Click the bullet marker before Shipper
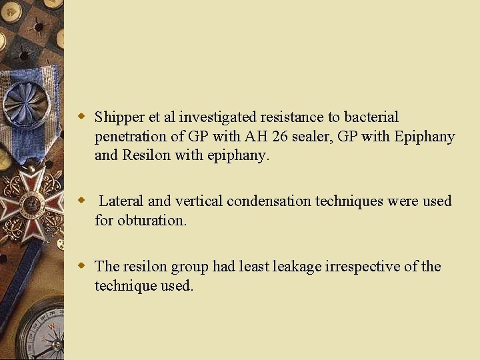coord(83,117)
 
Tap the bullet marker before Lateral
coord(83,201)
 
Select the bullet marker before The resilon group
coord(83,266)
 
